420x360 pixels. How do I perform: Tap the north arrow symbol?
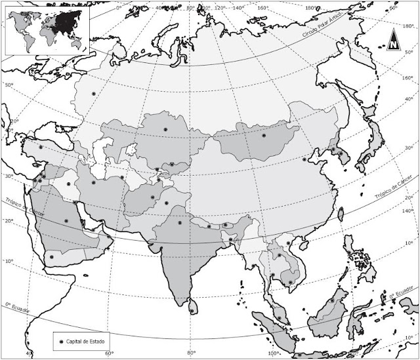(393, 42)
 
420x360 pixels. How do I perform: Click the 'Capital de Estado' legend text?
(84, 342)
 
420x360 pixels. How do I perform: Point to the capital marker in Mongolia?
(264, 136)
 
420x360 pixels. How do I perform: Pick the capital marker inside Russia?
(94, 94)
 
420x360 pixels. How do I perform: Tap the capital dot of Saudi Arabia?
(66, 221)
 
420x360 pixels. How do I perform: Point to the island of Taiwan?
(341, 214)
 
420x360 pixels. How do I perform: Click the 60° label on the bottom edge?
(109, 354)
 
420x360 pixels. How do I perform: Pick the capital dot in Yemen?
(51, 256)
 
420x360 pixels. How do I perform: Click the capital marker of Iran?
(94, 183)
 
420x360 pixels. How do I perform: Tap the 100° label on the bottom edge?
(274, 354)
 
